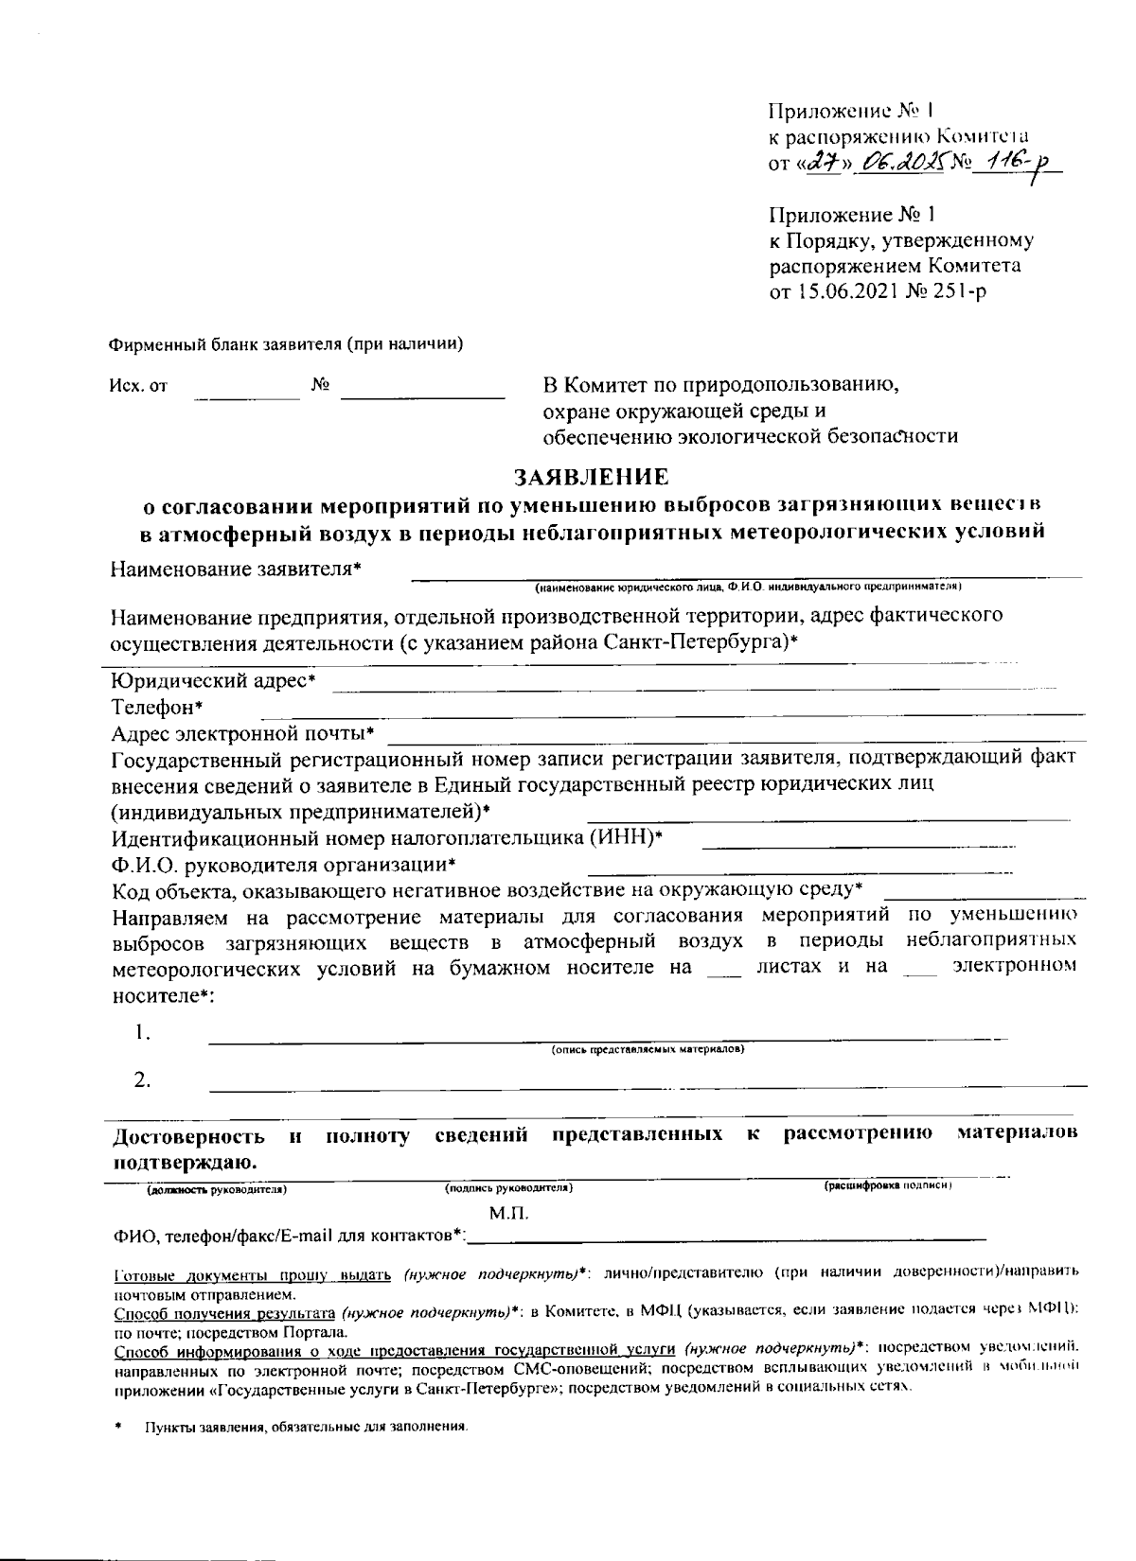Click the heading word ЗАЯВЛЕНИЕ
(x=591, y=476)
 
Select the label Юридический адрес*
(x=213, y=681)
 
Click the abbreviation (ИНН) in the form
(x=626, y=838)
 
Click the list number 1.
(x=143, y=1032)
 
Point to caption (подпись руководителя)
(x=509, y=1187)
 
